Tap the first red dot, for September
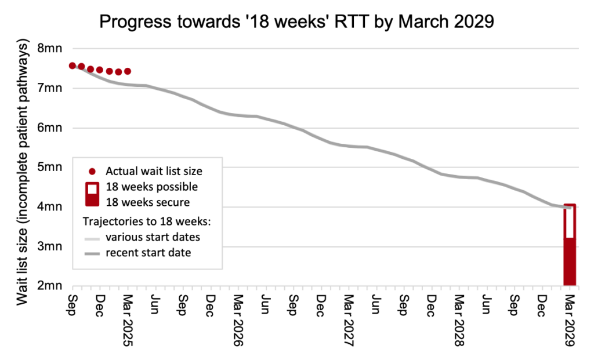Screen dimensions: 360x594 (73, 66)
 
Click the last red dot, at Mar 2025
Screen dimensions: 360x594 (128, 71)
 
